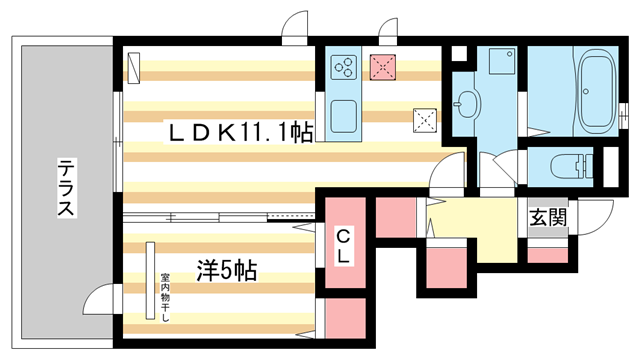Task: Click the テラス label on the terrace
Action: tap(64, 190)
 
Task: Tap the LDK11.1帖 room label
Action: tap(238, 132)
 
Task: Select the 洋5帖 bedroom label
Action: tap(226, 269)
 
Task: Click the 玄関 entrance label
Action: tap(549, 217)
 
